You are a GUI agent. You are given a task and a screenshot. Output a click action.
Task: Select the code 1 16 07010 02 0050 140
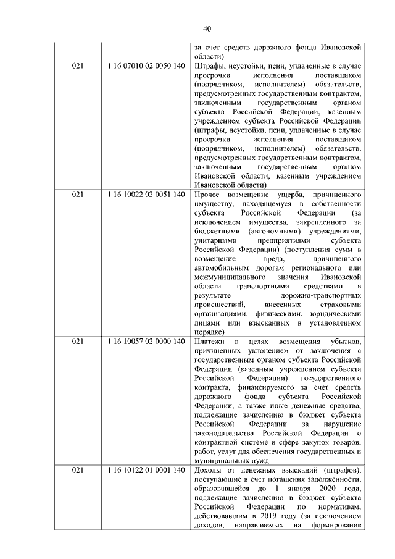[146, 66]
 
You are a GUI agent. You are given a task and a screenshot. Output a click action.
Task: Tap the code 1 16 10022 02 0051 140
[146, 195]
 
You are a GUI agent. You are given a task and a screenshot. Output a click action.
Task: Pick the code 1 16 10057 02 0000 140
[146, 342]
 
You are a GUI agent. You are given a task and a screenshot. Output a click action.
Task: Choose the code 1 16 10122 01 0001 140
[146, 471]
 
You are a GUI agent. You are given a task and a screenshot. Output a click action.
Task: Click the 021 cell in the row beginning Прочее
[78, 195]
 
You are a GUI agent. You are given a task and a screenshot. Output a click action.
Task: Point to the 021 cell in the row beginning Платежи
[78, 342]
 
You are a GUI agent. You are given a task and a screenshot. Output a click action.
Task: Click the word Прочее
[207, 195]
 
